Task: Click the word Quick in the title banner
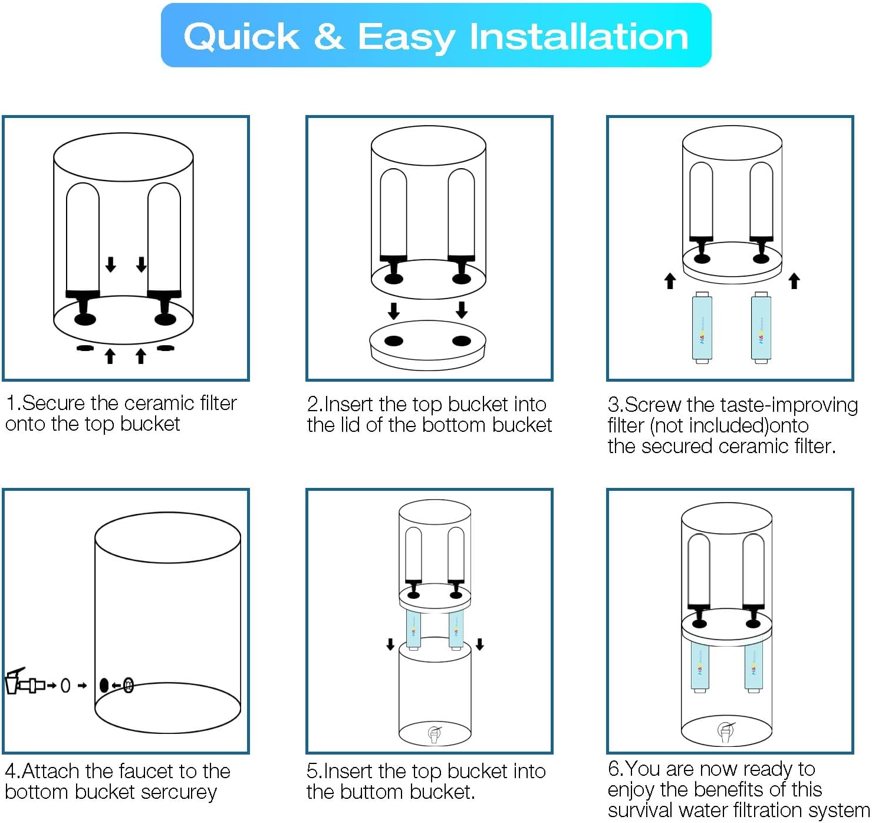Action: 242,37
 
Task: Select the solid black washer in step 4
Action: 104,685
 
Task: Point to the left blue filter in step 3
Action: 702,328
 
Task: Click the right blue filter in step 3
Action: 761,328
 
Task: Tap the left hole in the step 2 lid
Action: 393,340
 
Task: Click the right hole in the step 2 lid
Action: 461,340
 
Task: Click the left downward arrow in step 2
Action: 394,310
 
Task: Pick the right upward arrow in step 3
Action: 794,280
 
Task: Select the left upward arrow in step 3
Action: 670,281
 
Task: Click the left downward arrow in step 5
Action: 390,644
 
